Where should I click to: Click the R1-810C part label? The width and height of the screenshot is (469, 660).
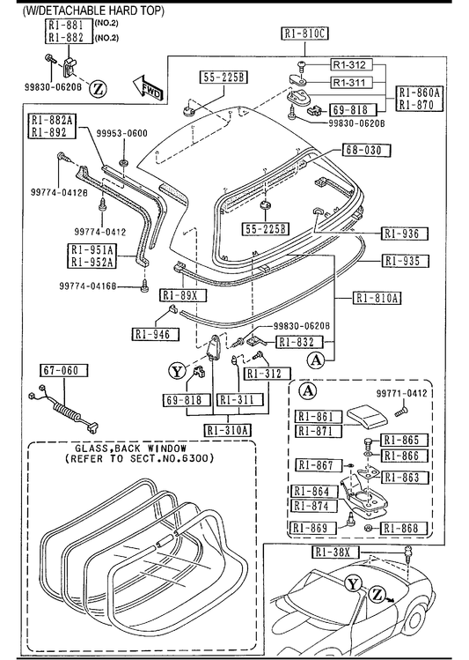point(304,33)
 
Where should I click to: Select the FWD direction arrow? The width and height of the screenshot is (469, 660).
point(148,88)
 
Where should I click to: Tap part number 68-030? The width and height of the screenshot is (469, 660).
point(366,151)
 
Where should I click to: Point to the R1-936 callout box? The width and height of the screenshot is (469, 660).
point(404,234)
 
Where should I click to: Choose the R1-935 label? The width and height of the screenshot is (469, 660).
point(405,261)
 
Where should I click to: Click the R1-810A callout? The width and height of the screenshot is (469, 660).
point(376,298)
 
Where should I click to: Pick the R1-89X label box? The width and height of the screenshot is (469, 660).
point(183,295)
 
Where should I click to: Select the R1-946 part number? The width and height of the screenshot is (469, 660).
point(155,334)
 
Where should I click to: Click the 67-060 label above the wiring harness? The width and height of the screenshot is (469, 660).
point(64,370)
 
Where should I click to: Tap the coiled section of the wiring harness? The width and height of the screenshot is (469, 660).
point(66,411)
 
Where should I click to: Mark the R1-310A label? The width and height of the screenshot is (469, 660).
point(228,430)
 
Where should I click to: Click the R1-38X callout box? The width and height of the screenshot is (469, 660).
point(336,552)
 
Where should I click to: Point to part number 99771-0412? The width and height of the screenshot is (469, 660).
point(402,393)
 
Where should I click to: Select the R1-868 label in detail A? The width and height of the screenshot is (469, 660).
point(404,528)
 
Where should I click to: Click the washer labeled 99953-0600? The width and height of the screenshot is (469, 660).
point(124,162)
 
